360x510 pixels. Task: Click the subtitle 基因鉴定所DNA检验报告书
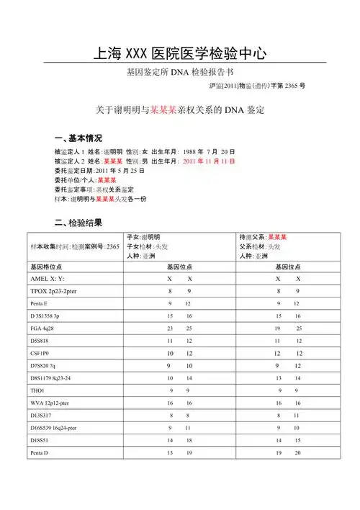point(179,73)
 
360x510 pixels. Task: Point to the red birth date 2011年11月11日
point(209,161)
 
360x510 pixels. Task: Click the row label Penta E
point(42,304)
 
